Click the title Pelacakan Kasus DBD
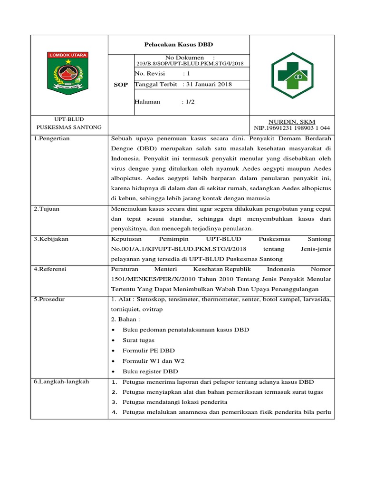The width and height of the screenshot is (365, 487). coord(179,44)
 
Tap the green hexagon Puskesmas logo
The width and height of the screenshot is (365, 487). coord(292,75)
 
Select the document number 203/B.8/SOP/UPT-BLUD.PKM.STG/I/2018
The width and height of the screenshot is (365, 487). coord(190,63)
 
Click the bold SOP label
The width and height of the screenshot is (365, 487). coord(121,85)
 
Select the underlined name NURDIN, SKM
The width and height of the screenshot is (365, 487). coord(292,122)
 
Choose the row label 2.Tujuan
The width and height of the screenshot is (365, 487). coord(47,209)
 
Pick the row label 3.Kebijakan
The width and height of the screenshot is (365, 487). coord(51,239)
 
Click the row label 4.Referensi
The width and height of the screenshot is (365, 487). coord(50,269)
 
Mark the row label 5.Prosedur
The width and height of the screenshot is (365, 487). coord(49,299)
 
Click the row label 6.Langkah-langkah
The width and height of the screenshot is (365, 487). coord(61,381)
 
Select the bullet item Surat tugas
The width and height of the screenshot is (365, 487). coord(138,341)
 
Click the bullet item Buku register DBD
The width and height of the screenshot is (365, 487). coord(150,371)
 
